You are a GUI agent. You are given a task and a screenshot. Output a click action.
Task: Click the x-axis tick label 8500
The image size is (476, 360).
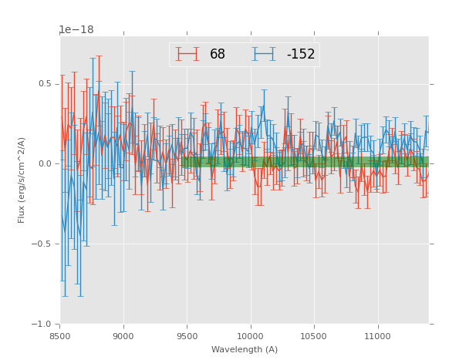pyautogui.click(x=60, y=335)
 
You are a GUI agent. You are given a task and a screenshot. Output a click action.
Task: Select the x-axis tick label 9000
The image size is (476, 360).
pyautogui.click(x=123, y=335)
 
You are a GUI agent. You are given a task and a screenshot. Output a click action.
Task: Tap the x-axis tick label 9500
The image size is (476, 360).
pyautogui.click(x=187, y=335)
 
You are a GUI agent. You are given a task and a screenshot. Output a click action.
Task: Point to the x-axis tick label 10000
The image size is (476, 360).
pyautogui.click(x=251, y=335)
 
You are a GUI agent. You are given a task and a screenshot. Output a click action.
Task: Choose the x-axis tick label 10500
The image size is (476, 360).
pyautogui.click(x=314, y=335)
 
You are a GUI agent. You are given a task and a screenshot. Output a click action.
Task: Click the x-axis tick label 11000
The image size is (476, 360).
pyautogui.click(x=377, y=335)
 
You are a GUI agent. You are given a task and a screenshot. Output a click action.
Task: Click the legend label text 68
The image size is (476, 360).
pyautogui.click(x=218, y=55)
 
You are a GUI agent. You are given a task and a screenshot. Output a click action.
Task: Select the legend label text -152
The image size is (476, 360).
pyautogui.click(x=301, y=55)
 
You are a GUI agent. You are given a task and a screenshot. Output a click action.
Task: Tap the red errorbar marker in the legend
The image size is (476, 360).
pyautogui.click(x=187, y=54)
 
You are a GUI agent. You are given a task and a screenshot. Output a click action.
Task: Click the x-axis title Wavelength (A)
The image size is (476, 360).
pyautogui.click(x=245, y=350)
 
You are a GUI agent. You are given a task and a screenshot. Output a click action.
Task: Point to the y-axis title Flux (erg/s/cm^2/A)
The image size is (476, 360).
pyautogui.click(x=22, y=180)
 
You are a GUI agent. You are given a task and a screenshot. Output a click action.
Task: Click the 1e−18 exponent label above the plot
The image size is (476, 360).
pyautogui.click(x=76, y=30)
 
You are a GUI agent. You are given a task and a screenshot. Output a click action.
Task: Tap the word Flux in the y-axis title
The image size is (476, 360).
pyautogui.click(x=22, y=214)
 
